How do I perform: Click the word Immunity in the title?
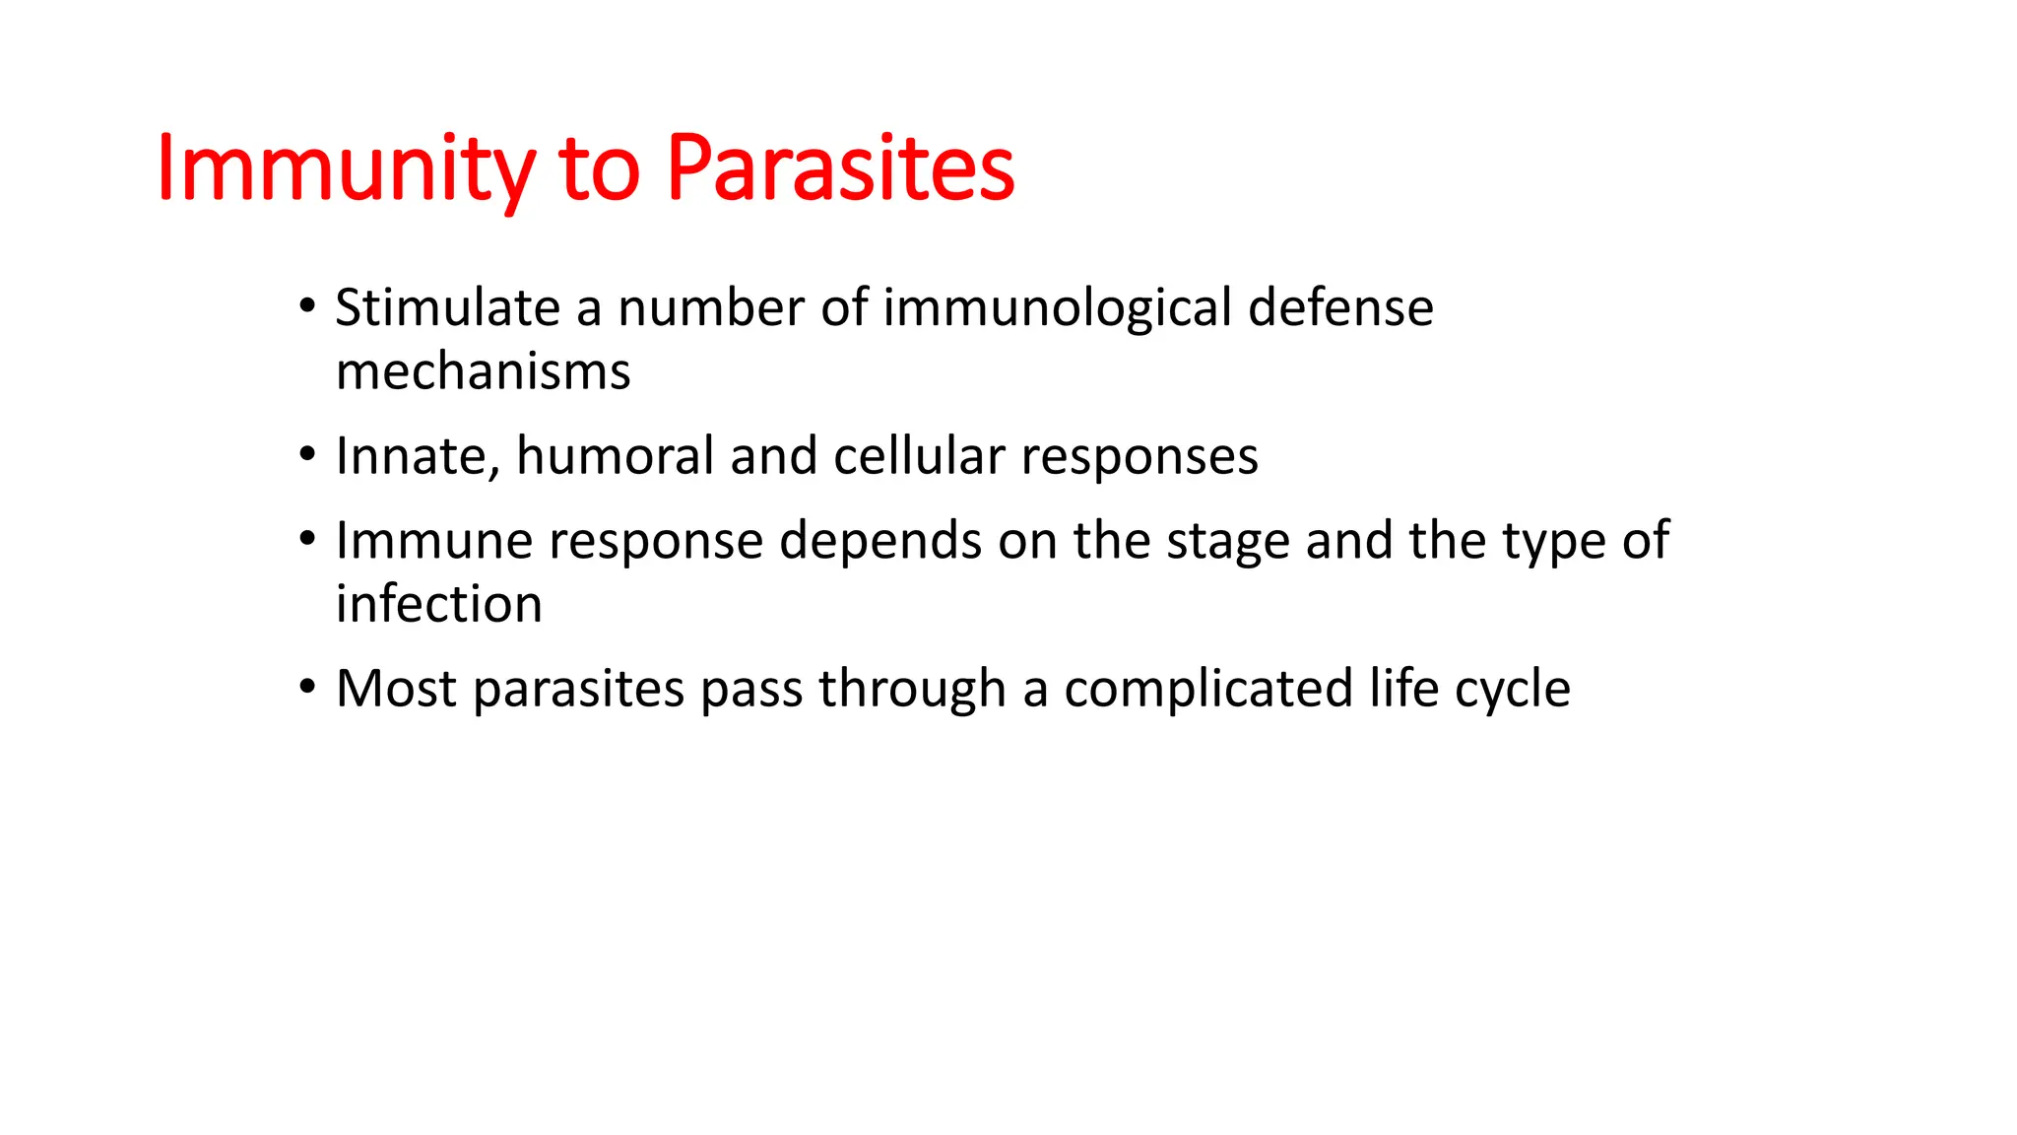[345, 169]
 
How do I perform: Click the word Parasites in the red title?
[840, 169]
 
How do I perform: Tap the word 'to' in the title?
[599, 169]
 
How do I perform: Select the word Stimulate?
[447, 307]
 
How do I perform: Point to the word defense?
[1340, 307]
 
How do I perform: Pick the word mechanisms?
[483, 371]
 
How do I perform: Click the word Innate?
[416, 456]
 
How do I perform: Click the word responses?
[1139, 456]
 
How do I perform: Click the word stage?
[1227, 541]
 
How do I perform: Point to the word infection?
[438, 604]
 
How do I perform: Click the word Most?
[396, 689]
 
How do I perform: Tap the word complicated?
[1207, 689]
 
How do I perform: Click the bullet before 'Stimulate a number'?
[308, 305]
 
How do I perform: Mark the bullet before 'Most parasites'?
[308, 686]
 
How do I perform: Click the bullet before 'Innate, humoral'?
[308, 454]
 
